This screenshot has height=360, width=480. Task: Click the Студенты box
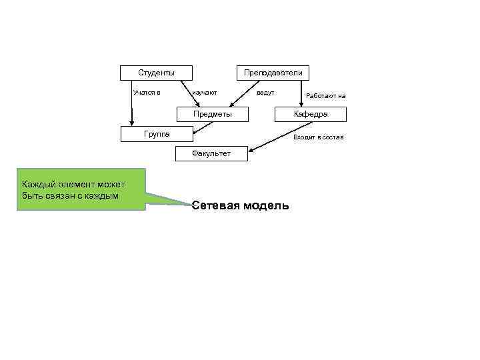[x=157, y=72]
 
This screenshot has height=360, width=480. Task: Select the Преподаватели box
[x=273, y=72]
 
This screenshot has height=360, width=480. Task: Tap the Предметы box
[x=213, y=114]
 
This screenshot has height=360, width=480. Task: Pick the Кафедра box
[x=311, y=114]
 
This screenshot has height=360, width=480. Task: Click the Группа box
[x=157, y=135]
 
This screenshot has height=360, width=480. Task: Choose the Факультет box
[x=211, y=153]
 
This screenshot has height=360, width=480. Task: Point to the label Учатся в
[x=147, y=92]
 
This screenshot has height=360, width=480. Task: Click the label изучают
[x=204, y=92]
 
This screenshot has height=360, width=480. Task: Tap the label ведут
[x=266, y=92]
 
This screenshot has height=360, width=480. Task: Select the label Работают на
[x=325, y=96]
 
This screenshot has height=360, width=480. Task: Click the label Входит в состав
[x=319, y=137]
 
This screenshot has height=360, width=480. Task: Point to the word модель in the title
[x=267, y=205]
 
